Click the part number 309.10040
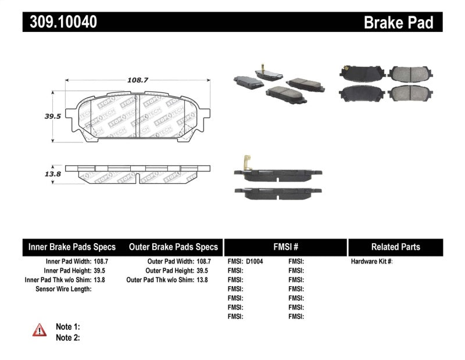60,22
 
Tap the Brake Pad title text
398,22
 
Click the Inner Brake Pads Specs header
72,247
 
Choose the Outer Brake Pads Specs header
173,247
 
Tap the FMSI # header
285,247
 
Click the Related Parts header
395,247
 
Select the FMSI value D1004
255,262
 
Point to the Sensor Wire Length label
63,289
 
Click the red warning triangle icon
40,330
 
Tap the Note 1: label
67,327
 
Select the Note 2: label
67,337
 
